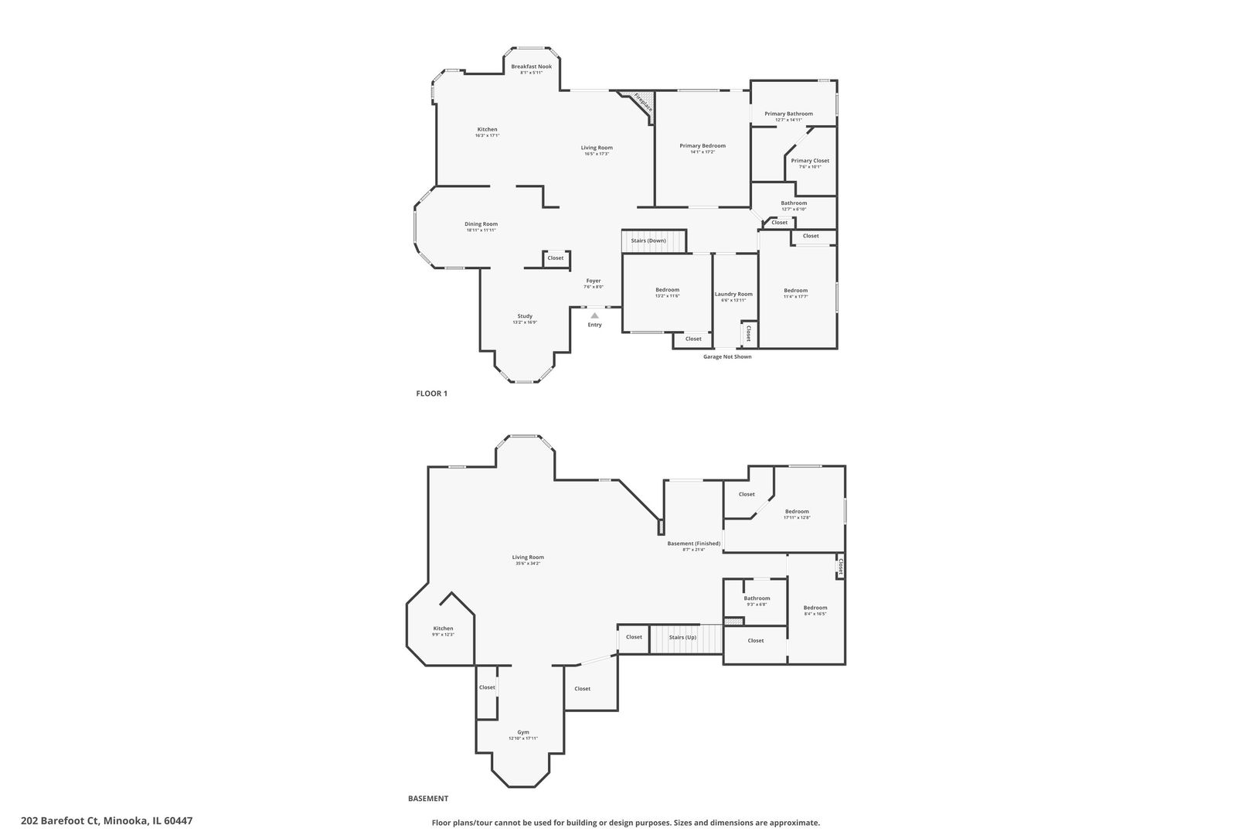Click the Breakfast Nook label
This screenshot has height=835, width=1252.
(531, 67)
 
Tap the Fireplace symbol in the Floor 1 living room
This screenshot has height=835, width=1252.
(643, 104)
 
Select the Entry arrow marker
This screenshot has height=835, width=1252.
(594, 315)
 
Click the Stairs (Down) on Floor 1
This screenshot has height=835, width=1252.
(654, 240)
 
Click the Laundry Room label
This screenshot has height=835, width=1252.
(733, 294)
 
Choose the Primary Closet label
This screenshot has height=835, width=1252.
(809, 161)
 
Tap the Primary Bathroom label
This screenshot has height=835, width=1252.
(788, 114)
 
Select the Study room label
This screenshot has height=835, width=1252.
(525, 316)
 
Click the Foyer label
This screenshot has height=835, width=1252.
(593, 281)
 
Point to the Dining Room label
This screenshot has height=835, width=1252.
(481, 224)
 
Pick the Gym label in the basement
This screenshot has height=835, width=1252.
(523, 733)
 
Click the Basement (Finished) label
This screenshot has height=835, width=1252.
(693, 544)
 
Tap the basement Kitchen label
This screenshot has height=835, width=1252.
(443, 629)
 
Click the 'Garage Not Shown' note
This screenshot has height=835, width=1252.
(726, 356)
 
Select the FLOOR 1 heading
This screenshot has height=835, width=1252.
(431, 394)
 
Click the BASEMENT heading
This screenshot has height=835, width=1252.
(428, 799)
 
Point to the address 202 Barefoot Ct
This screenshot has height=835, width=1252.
(107, 821)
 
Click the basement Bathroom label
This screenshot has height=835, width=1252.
(757, 598)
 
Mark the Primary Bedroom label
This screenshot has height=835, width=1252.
(703, 146)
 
